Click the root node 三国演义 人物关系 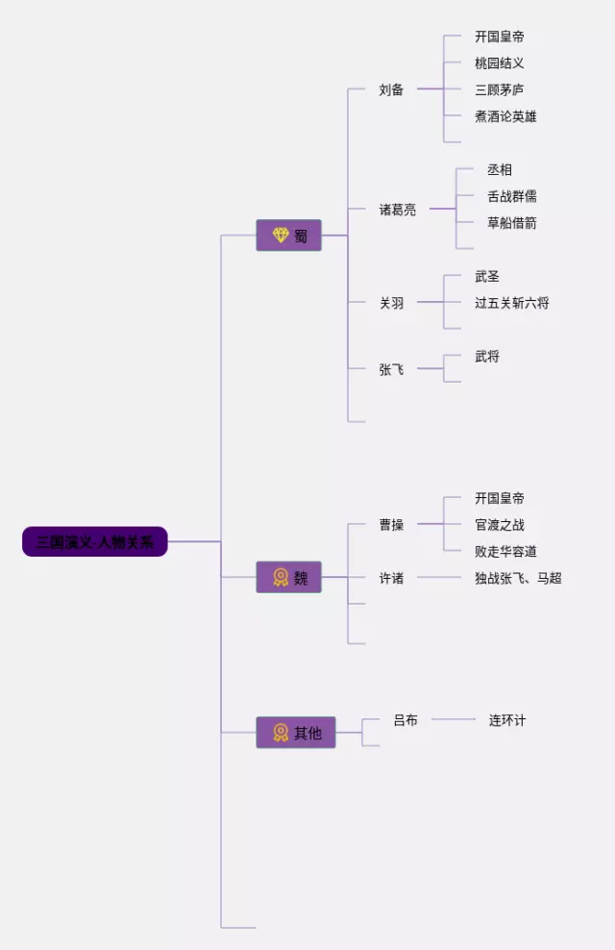click(95, 541)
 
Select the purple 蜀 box click(288, 236)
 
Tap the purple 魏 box click(288, 577)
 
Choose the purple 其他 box click(295, 733)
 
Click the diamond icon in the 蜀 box click(280, 236)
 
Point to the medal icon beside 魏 click(280, 577)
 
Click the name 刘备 click(391, 89)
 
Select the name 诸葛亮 click(397, 209)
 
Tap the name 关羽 click(391, 303)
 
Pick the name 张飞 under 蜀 click(391, 369)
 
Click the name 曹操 click(391, 525)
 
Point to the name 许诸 click(391, 578)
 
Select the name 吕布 click(406, 719)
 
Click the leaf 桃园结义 click(499, 62)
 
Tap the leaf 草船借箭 click(511, 223)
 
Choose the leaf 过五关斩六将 click(511, 303)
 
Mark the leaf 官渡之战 click(499, 525)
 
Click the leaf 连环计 click(506, 719)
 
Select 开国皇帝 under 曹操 click(499, 498)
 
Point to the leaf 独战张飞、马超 click(517, 578)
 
